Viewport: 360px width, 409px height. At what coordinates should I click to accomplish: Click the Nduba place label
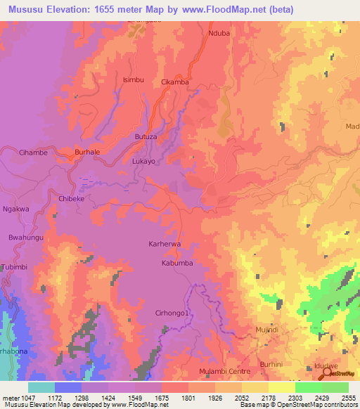(219, 34)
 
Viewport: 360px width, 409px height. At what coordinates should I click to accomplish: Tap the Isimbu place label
(134, 80)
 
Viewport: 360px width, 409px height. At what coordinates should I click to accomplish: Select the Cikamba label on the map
(175, 82)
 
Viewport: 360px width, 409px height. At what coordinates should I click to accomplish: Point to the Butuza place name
(145, 137)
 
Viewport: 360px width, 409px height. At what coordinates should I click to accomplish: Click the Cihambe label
(33, 152)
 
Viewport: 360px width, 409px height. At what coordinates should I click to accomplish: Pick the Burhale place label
(88, 152)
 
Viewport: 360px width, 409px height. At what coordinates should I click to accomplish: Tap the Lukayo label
(143, 161)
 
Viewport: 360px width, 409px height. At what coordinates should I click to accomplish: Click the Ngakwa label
(16, 209)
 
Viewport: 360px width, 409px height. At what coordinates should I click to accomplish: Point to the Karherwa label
(166, 245)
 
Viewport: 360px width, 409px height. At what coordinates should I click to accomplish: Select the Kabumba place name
(177, 264)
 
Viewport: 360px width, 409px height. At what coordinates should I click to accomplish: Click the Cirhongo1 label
(172, 313)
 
